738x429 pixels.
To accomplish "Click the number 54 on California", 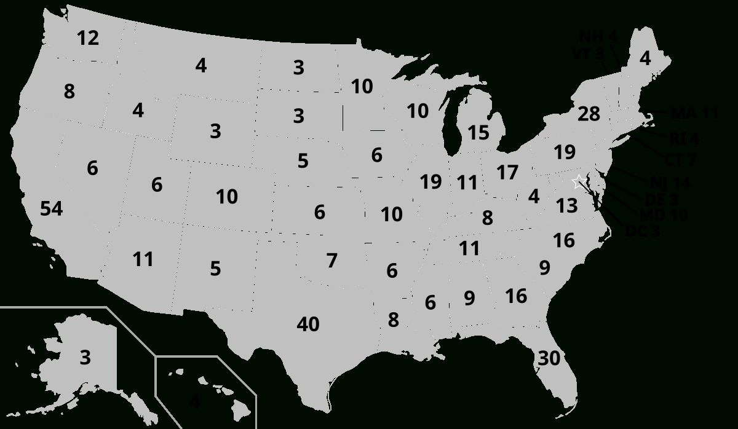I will pyautogui.click(x=52, y=209).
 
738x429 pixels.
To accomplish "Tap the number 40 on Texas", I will pyautogui.click(x=308, y=324).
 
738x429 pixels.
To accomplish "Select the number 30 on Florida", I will pyautogui.click(x=549, y=358).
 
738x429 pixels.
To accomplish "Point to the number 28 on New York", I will pyautogui.click(x=589, y=114).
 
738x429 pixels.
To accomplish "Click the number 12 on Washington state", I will pyautogui.click(x=88, y=38).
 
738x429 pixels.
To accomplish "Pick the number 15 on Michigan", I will pyautogui.click(x=478, y=132).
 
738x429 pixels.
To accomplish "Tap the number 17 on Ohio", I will pyautogui.click(x=507, y=173).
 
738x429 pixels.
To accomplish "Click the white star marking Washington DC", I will pyautogui.click(x=578, y=181).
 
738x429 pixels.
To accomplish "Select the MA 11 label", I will pyautogui.click(x=694, y=114).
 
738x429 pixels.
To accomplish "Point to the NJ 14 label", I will pyautogui.click(x=670, y=183).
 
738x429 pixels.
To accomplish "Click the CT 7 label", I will pyautogui.click(x=680, y=160).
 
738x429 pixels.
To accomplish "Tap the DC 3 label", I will pyautogui.click(x=642, y=232).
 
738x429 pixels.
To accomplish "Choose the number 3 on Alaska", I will pyautogui.click(x=85, y=357).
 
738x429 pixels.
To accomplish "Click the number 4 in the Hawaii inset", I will pyautogui.click(x=194, y=402).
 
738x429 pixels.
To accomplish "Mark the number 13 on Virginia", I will pyautogui.click(x=567, y=206).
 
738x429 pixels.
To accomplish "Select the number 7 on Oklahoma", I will pyautogui.click(x=332, y=261).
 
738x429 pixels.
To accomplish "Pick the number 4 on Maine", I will pyautogui.click(x=645, y=58).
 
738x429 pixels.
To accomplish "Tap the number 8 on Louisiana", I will pyautogui.click(x=393, y=320).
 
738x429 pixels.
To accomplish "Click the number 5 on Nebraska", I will pyautogui.click(x=303, y=161).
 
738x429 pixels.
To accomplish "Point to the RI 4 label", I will pyautogui.click(x=684, y=138).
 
